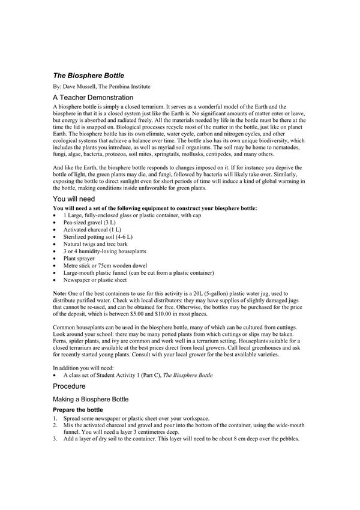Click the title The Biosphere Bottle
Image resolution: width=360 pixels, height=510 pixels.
tap(88, 76)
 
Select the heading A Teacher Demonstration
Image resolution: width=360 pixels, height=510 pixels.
tap(92, 97)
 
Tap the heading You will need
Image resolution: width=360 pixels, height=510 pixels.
tap(74, 198)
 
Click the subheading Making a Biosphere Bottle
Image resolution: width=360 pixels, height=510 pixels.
tap(90, 399)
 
